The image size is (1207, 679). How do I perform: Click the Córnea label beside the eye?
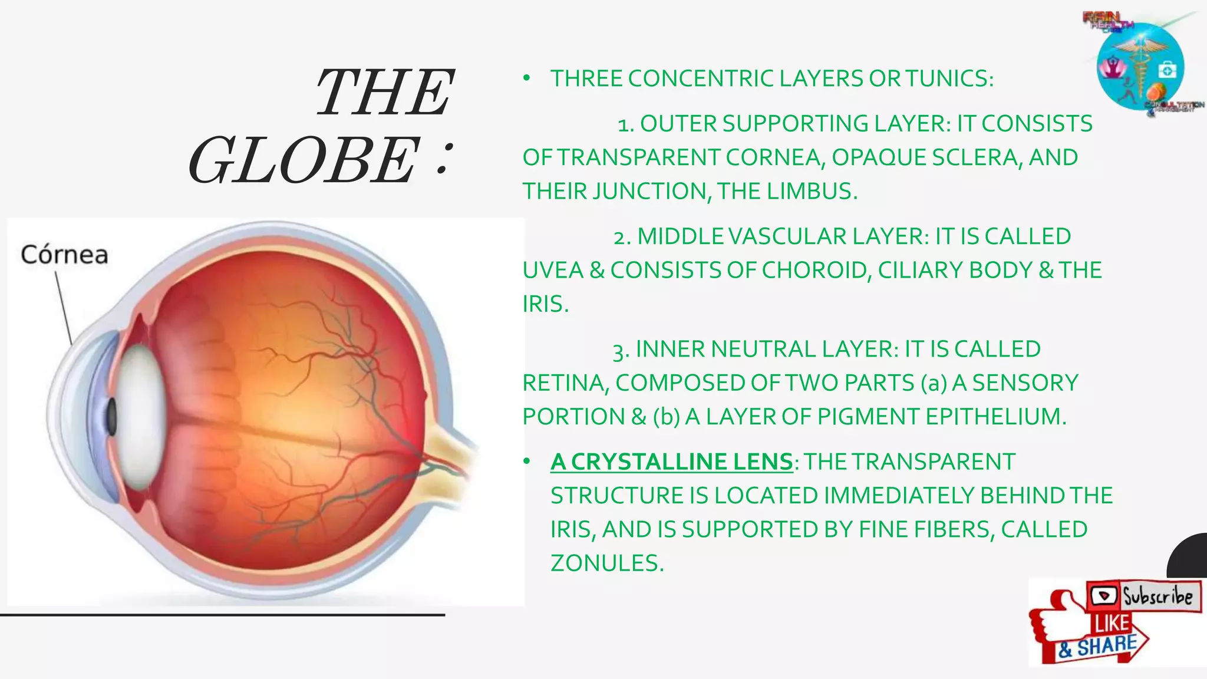coord(64,255)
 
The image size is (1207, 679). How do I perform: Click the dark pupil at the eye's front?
coord(110,417)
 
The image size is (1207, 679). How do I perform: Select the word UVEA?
coord(552,270)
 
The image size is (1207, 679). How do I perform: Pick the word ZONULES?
coord(606,563)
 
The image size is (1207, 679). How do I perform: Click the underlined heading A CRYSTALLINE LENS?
coord(671,462)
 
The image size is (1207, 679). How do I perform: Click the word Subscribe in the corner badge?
coord(1157,596)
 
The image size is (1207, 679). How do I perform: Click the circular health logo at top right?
coord(1140,67)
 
